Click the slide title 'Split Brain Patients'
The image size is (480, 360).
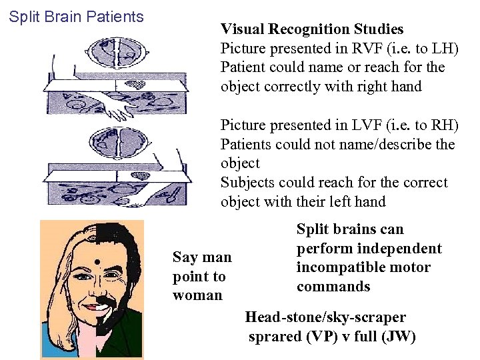76,17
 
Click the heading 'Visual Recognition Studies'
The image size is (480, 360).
312,29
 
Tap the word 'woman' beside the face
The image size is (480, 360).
197,295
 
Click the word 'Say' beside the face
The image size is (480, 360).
185,257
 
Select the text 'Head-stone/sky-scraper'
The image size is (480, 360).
325,317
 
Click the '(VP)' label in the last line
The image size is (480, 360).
321,337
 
